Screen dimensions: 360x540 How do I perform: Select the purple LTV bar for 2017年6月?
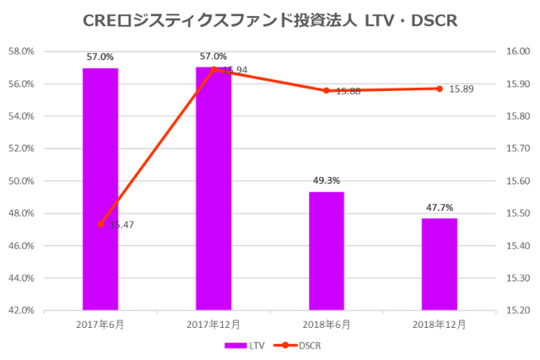tap(100, 189)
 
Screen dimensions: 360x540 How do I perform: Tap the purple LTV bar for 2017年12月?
tap(213, 189)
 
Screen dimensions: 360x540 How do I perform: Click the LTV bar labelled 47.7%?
tap(439, 264)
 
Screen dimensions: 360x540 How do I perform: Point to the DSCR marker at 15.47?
tap(100, 224)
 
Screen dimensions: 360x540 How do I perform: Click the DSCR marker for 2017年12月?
tap(213, 70)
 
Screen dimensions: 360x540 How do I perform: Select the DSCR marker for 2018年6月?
tap(326, 90)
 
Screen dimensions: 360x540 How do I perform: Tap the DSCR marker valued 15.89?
tap(439, 89)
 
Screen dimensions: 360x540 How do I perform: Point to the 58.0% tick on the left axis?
tap(20, 51)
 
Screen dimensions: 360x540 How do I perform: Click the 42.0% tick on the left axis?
tap(20, 310)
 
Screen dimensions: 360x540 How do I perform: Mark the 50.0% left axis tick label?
tap(20, 181)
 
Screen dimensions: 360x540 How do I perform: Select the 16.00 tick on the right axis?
tap(516, 51)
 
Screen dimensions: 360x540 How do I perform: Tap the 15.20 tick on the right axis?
tap(516, 310)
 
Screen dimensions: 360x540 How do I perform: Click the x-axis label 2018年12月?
tap(439, 323)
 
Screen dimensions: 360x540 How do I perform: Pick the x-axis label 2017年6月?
tap(100, 323)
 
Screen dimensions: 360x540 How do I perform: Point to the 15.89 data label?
tap(462, 89)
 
